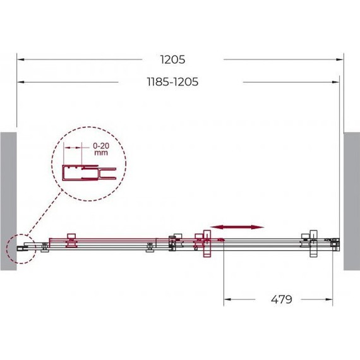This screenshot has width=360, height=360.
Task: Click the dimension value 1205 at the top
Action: tap(172, 60)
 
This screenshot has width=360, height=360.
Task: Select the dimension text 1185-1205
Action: tap(172, 81)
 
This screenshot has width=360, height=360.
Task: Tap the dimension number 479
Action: tap(282, 299)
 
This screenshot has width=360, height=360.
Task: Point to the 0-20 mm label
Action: tap(101, 149)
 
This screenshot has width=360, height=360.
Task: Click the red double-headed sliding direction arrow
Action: tap(237, 227)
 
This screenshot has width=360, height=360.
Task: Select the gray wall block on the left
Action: tap(8, 201)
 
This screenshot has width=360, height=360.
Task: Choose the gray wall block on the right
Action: tap(352, 201)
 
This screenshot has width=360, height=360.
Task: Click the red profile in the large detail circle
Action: tap(80, 172)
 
